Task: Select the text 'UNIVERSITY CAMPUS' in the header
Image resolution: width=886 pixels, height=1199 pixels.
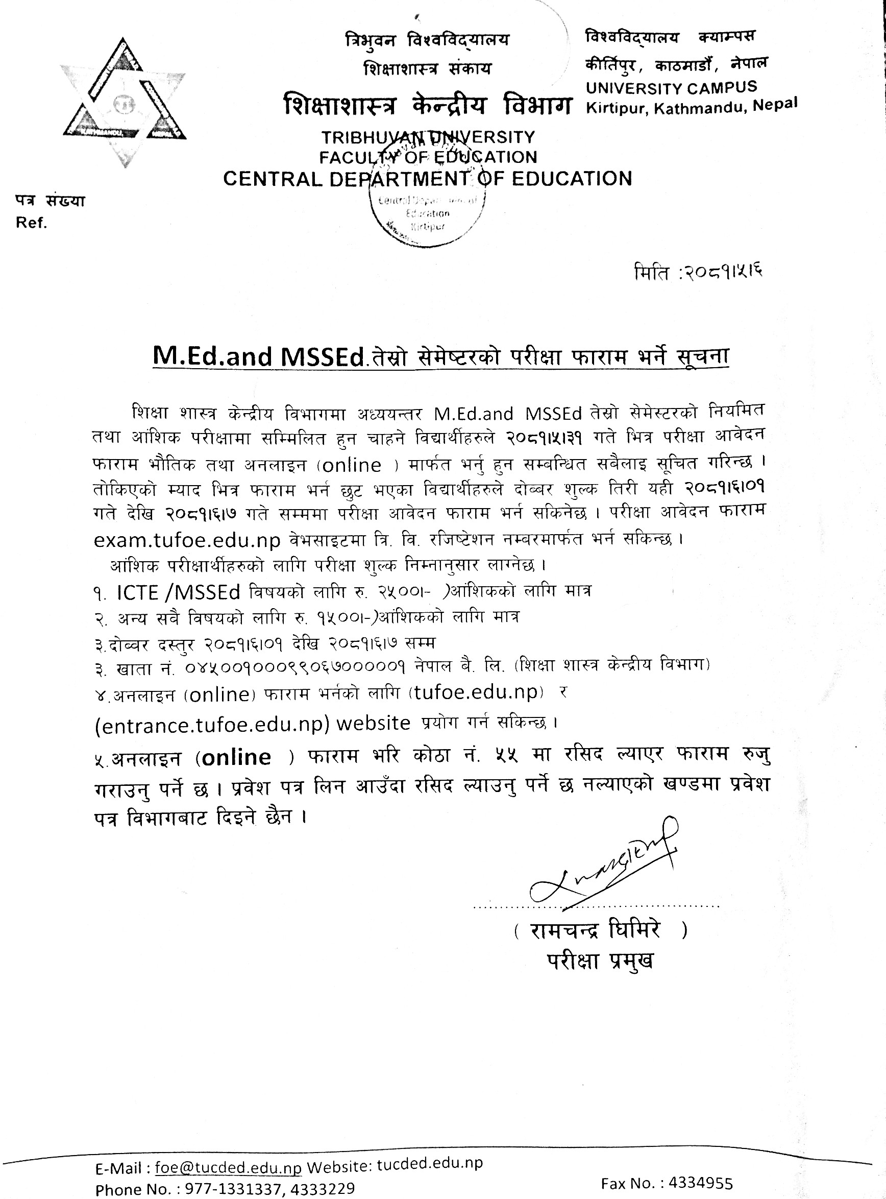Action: pyautogui.click(x=671, y=87)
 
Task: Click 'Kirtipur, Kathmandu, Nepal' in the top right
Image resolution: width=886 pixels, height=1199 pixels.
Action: pyautogui.click(x=692, y=106)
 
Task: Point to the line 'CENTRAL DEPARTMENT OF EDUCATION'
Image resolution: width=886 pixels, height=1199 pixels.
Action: pyautogui.click(x=428, y=179)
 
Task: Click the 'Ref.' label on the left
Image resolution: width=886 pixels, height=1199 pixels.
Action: pyautogui.click(x=32, y=223)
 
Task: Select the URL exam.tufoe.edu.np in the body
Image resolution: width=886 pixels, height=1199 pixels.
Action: pyautogui.click(x=187, y=540)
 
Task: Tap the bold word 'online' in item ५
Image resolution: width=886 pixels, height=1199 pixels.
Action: pyautogui.click(x=236, y=757)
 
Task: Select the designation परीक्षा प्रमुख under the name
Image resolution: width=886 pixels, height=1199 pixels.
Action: pyautogui.click(x=601, y=961)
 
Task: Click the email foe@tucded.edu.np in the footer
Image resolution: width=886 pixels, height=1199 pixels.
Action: pyautogui.click(x=229, y=1167)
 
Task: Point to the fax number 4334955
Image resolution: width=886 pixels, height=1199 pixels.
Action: pyautogui.click(x=702, y=1183)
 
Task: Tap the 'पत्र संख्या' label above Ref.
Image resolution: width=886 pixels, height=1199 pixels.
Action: pyautogui.click(x=50, y=201)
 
